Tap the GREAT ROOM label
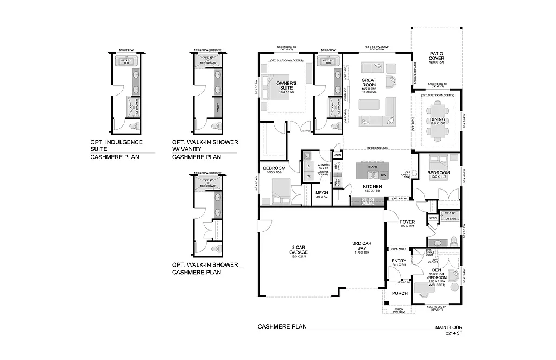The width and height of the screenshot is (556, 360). (x=369, y=83)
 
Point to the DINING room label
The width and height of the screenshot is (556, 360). (x=438, y=119)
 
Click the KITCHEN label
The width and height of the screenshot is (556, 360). (x=372, y=186)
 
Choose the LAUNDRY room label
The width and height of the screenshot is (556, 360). (x=323, y=165)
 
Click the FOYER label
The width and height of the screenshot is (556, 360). (x=407, y=222)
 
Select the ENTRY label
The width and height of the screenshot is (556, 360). (x=399, y=261)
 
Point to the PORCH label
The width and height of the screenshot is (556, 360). (x=400, y=293)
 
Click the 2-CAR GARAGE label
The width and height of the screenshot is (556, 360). (x=299, y=249)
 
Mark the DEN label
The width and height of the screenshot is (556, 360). (x=436, y=270)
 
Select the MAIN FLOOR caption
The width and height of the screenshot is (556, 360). (x=448, y=328)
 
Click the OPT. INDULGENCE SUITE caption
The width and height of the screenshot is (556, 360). (x=116, y=145)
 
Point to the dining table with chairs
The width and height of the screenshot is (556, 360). (x=438, y=131)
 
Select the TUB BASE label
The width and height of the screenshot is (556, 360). (x=450, y=218)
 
